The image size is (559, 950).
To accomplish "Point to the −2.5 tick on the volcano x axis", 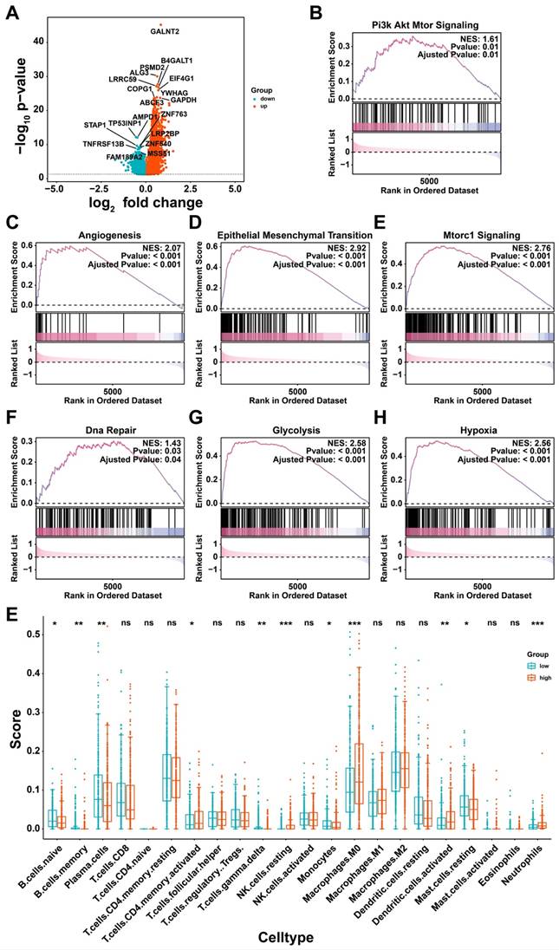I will click(100, 186).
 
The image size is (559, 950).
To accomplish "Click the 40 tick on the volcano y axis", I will click(39, 40).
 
